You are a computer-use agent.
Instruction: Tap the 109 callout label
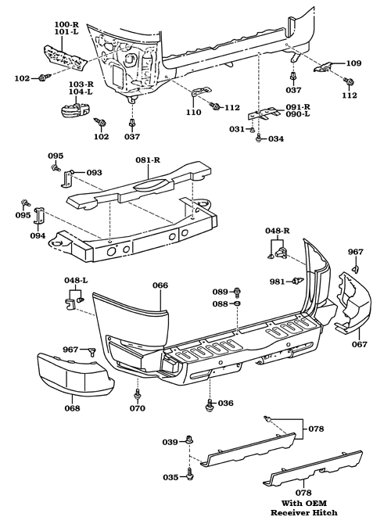(x=353, y=63)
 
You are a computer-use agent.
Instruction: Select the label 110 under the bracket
(x=195, y=113)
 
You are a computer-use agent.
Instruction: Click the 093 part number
(x=94, y=173)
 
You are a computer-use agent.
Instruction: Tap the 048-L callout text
(x=76, y=280)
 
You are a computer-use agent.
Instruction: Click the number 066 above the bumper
(x=160, y=286)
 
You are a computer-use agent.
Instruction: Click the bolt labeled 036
(x=210, y=406)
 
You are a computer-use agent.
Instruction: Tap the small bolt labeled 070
(x=138, y=393)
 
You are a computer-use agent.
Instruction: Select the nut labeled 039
(x=191, y=442)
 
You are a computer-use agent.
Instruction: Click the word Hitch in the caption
(x=322, y=512)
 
